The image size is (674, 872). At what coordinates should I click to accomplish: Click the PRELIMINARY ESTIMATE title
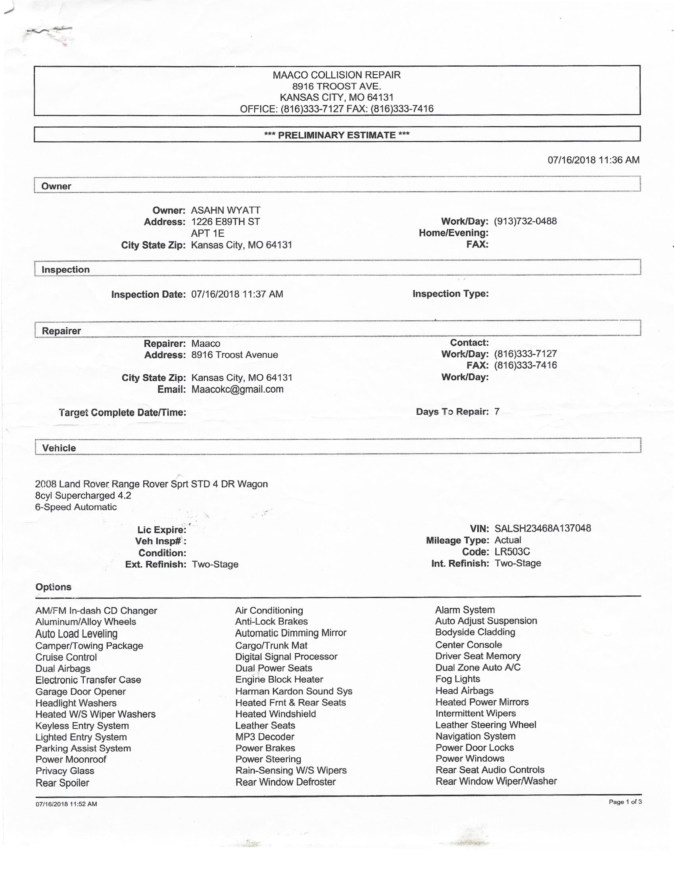[336, 135]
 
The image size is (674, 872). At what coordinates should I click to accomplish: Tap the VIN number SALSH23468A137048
[543, 528]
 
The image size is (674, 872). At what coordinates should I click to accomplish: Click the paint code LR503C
[512, 552]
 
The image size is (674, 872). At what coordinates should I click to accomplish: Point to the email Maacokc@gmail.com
[237, 389]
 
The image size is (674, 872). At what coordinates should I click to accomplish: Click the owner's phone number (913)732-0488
[525, 221]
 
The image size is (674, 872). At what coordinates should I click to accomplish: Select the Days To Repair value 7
[497, 412]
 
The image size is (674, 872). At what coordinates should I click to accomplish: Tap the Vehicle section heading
[59, 448]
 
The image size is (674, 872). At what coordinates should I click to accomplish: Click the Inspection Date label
[148, 295]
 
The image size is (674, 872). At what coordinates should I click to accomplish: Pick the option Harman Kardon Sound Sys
[294, 691]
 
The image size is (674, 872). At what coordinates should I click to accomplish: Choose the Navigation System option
[475, 736]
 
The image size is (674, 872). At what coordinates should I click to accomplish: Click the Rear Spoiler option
[62, 783]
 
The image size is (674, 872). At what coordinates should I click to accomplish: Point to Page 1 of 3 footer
[625, 802]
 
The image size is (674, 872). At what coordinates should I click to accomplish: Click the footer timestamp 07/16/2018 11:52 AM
[66, 804]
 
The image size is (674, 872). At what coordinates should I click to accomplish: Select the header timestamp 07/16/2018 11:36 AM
[593, 160]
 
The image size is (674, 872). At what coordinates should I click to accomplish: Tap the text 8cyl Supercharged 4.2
[83, 496]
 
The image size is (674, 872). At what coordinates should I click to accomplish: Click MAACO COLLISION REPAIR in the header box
[336, 75]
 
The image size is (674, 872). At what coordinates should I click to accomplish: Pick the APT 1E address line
[207, 233]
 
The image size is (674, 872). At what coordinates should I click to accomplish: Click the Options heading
[53, 587]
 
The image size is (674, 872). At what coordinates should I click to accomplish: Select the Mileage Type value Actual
[507, 540]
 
